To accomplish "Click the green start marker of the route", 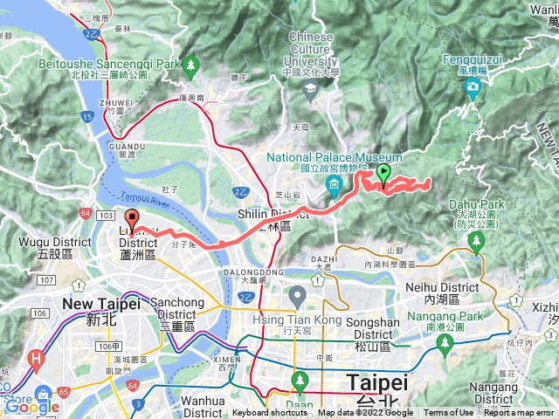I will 384,173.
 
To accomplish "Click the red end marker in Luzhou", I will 132,219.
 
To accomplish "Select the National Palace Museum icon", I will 335,184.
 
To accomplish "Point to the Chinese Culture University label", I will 310,50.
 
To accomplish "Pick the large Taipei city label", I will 377,383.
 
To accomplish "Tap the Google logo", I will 31,406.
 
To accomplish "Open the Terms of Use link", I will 449,413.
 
